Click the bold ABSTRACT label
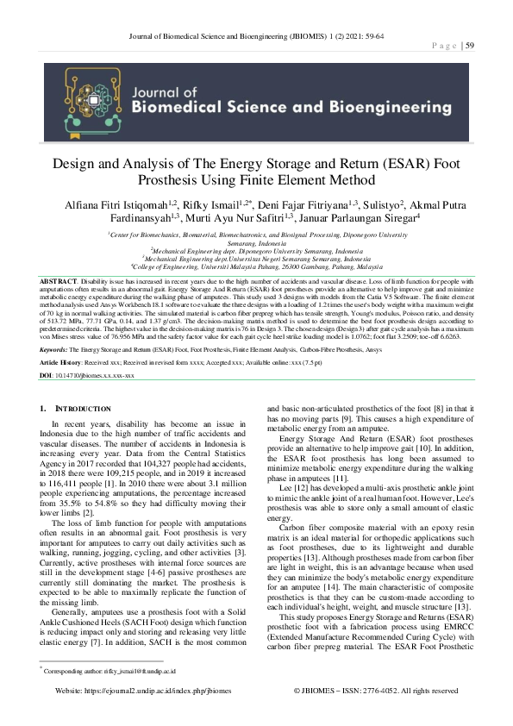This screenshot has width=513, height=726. (57, 281)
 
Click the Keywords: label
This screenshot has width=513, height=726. (54, 362)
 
